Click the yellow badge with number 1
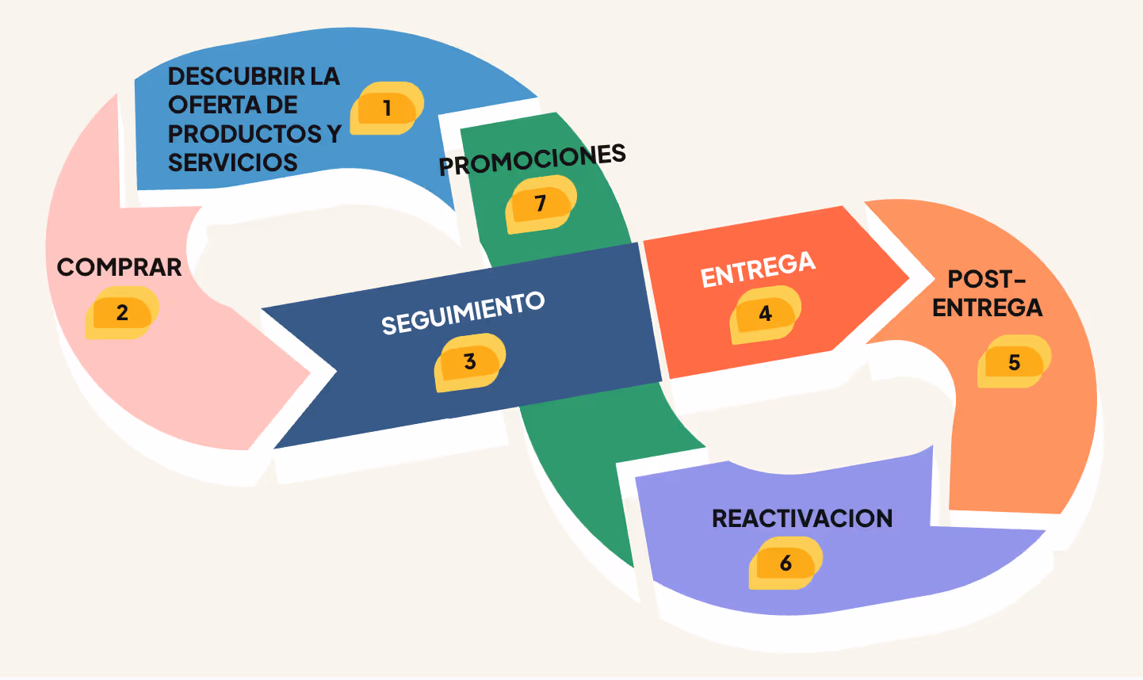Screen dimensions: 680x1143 pyautogui.click(x=387, y=108)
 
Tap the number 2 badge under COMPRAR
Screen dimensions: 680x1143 pyautogui.click(x=122, y=312)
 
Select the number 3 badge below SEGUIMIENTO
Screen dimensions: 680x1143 pyautogui.click(x=470, y=361)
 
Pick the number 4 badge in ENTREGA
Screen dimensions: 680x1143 pyautogui.click(x=765, y=314)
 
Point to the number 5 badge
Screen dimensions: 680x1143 pyautogui.click(x=1014, y=361)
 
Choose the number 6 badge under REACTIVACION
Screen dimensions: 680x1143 pyautogui.click(x=786, y=563)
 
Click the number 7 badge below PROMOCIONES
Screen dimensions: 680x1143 pyautogui.click(x=541, y=204)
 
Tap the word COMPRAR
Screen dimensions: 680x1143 pyautogui.click(x=120, y=267)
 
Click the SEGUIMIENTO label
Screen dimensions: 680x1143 pyautogui.click(x=463, y=313)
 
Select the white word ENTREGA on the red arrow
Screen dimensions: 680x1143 pyautogui.click(x=758, y=269)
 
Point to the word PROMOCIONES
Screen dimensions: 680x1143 pyautogui.click(x=533, y=159)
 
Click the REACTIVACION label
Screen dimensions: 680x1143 pyautogui.click(x=802, y=518)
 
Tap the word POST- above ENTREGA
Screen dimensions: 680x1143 pyautogui.click(x=987, y=279)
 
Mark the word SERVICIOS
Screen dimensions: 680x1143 pyautogui.click(x=233, y=162)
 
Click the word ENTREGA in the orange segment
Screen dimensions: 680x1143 pyautogui.click(x=987, y=308)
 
